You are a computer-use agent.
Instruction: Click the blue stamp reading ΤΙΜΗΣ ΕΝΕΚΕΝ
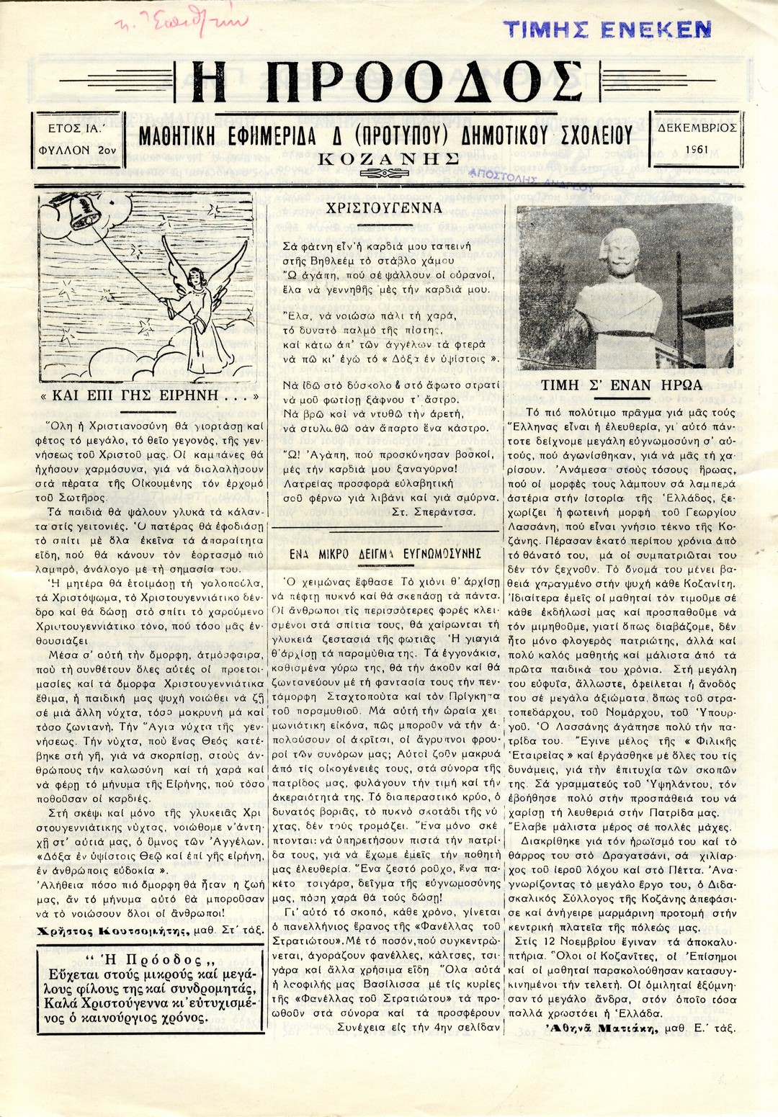(x=607, y=29)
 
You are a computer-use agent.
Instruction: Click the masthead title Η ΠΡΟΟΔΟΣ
(x=388, y=81)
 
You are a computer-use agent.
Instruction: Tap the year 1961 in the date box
(x=696, y=149)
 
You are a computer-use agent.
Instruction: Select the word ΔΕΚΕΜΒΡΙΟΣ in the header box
(x=697, y=127)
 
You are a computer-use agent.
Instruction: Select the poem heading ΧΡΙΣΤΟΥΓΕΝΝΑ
(x=383, y=210)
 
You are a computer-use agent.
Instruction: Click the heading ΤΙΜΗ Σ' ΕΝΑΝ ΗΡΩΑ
(x=621, y=385)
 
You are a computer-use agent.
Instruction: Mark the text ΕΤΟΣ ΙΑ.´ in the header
(x=77, y=127)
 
